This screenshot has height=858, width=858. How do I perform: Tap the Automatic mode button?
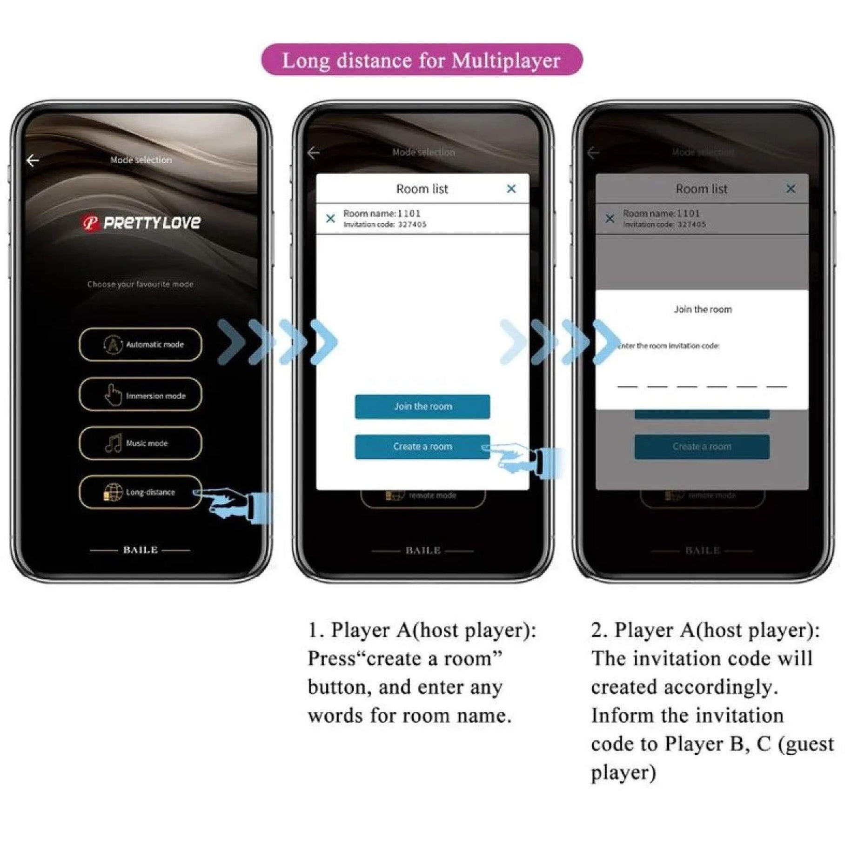141,345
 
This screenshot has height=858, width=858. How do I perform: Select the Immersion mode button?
141,395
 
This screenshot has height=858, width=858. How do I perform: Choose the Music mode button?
141,443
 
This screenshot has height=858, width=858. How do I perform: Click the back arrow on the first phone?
33,161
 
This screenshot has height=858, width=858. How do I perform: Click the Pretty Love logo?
141,223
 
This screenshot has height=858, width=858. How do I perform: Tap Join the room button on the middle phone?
422,407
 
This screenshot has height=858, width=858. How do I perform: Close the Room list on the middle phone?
511,189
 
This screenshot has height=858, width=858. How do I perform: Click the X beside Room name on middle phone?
330,218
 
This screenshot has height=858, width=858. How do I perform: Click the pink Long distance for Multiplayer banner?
422,60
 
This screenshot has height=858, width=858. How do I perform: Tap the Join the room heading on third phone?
702,309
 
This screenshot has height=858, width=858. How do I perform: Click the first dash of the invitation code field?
627,386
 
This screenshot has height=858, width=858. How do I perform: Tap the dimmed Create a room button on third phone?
702,447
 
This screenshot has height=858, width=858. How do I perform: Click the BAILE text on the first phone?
141,550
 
